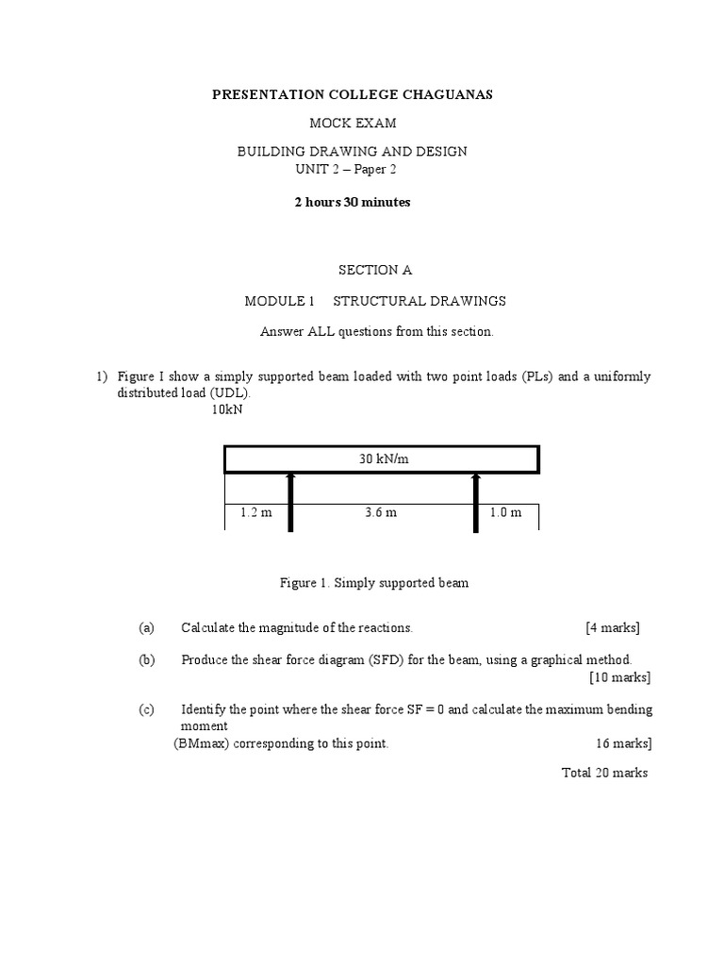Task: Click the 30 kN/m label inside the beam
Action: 381,459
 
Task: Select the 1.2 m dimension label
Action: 255,513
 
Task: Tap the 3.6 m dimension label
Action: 380,513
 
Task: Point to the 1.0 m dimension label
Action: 505,513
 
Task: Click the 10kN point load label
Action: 227,409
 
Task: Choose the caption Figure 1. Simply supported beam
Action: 374,583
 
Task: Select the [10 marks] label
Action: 619,677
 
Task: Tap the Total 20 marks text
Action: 604,773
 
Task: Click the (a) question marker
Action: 146,627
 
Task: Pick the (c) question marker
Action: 146,709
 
